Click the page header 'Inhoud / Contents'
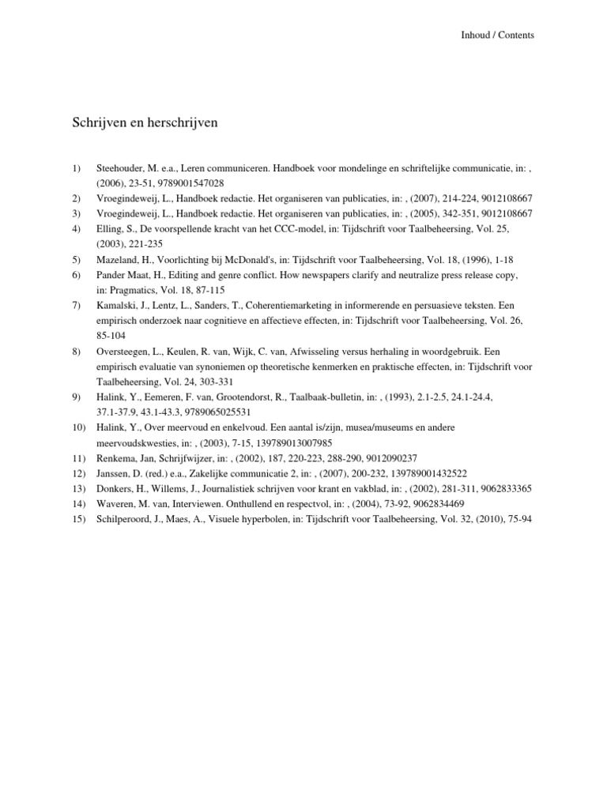[498, 35]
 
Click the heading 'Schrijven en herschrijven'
[145, 123]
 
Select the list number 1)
[77, 168]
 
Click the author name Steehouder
[120, 168]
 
